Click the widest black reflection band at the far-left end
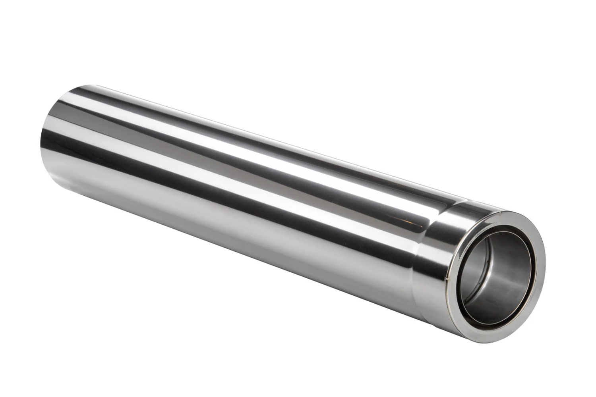(60, 119)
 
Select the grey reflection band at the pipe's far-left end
(56, 159)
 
